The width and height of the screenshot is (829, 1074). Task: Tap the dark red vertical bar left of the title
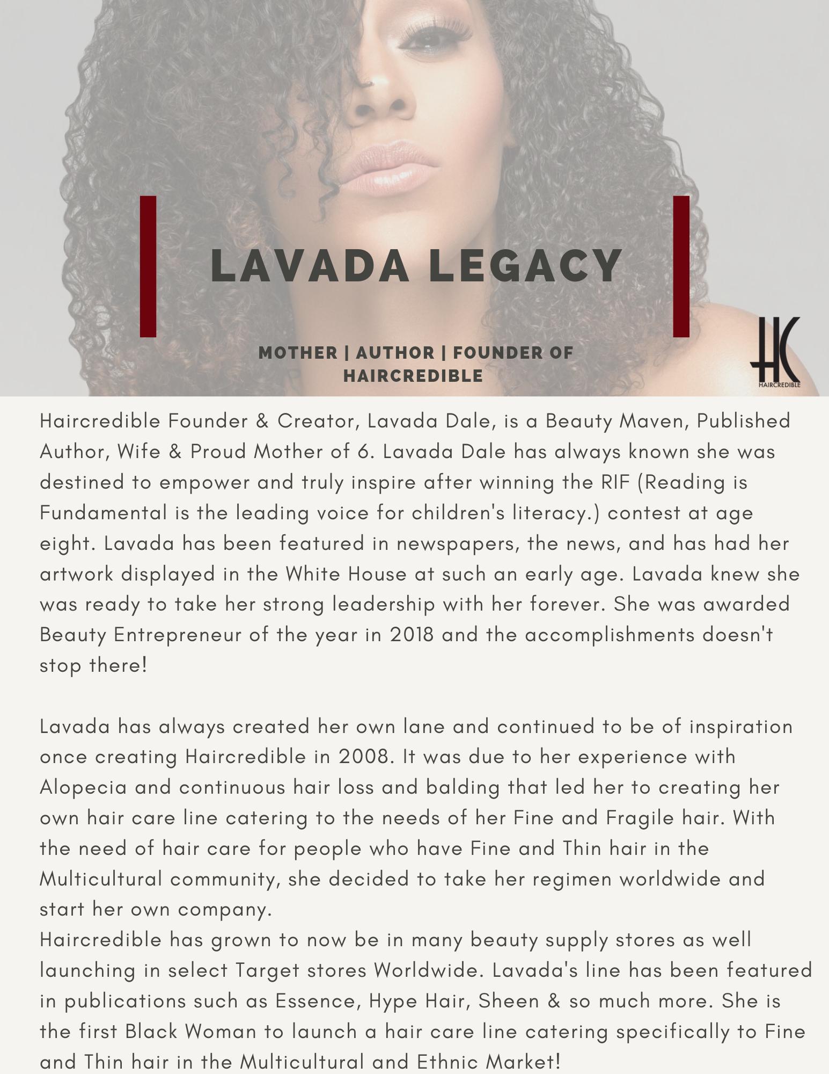point(148,266)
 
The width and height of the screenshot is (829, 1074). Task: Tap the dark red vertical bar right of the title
point(681,266)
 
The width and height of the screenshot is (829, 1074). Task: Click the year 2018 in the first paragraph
point(412,635)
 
